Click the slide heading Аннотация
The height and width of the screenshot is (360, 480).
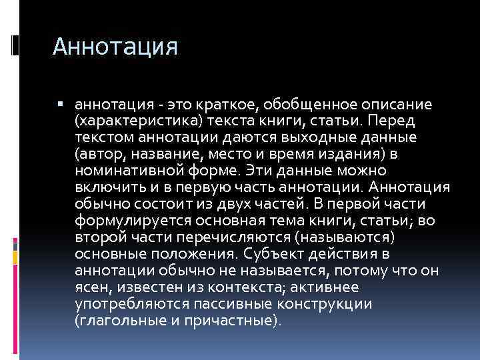point(115,47)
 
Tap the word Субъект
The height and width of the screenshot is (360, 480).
point(273,254)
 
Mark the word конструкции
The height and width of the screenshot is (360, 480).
point(332,304)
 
